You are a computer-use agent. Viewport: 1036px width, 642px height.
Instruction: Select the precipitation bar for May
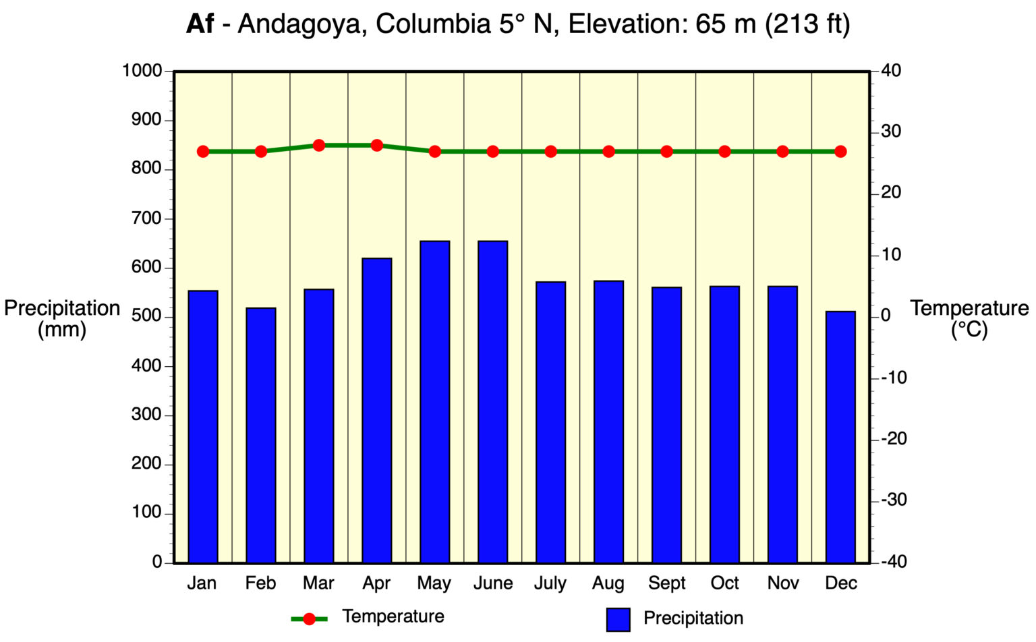point(434,401)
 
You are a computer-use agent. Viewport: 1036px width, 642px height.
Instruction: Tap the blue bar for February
point(260,435)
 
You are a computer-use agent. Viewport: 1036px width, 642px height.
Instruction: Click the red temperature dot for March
point(319,145)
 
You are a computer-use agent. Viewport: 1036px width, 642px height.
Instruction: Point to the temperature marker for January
point(203,152)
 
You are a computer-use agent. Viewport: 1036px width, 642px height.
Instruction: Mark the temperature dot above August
point(608,152)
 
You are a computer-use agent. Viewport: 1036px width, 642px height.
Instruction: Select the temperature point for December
point(840,152)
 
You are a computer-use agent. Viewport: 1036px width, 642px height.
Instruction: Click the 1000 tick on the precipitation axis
point(142,71)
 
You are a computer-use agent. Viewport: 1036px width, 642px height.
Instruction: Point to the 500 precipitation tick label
point(147,316)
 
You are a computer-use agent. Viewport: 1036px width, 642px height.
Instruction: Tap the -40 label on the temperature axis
point(894,562)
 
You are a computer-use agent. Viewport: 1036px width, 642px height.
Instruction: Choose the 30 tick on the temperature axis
point(891,132)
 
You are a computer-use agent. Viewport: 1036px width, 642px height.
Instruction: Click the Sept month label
point(666,583)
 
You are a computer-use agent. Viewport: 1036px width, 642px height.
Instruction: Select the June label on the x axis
point(492,583)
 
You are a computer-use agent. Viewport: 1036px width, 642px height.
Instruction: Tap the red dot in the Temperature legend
point(309,619)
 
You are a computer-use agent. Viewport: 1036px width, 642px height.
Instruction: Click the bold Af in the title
point(200,24)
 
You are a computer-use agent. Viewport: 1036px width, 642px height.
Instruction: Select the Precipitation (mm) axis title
point(62,319)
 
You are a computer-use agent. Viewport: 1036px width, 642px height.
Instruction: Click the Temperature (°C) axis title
point(969,319)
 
